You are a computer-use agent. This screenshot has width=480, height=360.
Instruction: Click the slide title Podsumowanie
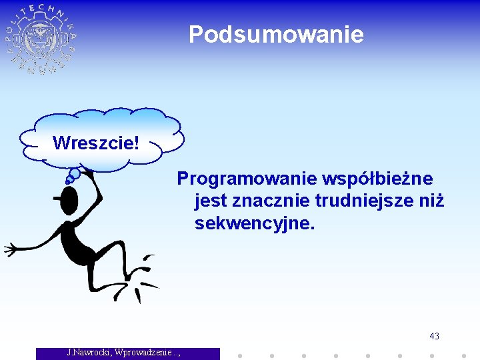point(276,34)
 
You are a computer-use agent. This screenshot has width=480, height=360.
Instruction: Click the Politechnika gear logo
point(41,39)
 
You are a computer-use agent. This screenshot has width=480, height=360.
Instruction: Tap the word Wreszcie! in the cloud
point(96,143)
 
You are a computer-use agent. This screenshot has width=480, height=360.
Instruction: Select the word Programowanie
point(246,179)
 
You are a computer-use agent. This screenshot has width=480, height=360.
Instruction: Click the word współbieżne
point(377,179)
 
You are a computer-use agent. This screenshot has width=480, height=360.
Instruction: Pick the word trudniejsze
point(362,201)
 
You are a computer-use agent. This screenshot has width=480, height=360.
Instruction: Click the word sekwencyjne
point(254,223)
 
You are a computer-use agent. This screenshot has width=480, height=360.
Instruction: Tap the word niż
point(429,201)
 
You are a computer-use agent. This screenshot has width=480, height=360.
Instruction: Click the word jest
point(209,201)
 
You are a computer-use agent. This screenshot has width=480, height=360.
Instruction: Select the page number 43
point(434,336)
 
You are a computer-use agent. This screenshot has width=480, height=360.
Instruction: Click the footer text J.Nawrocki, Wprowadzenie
point(127,352)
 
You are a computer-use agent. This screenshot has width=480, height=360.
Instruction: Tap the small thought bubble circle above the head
point(75,174)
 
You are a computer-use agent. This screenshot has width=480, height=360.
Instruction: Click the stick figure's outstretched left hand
point(11,250)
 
